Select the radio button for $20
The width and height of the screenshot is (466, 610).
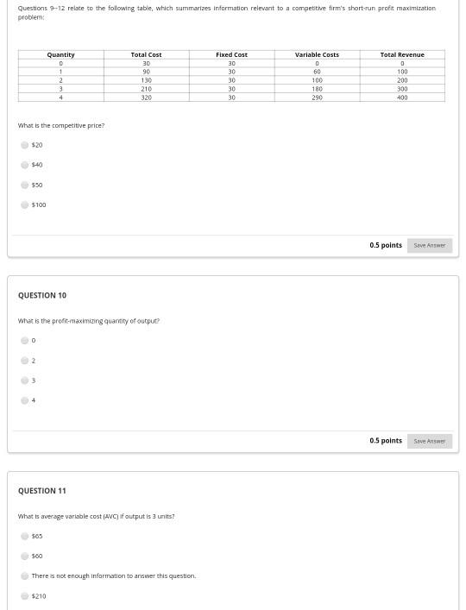click(x=24, y=145)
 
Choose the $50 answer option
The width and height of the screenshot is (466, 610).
click(x=24, y=185)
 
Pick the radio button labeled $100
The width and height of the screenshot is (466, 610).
click(x=24, y=204)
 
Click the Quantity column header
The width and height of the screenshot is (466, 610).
click(x=60, y=54)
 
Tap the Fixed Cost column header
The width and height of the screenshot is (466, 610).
click(x=231, y=54)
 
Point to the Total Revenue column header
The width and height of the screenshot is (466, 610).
click(x=402, y=54)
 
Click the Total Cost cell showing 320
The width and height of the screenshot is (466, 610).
click(x=146, y=97)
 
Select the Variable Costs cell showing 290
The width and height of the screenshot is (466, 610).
click(x=317, y=97)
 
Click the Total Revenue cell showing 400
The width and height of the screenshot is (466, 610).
click(x=402, y=97)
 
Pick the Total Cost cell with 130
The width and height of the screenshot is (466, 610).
click(x=146, y=80)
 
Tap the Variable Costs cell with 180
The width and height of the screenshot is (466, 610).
click(x=317, y=89)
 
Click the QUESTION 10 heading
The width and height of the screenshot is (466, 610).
click(x=42, y=295)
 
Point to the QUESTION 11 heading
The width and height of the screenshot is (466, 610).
click(x=42, y=491)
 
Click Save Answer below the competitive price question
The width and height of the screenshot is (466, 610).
click(x=429, y=245)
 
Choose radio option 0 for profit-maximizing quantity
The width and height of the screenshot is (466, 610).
click(x=24, y=341)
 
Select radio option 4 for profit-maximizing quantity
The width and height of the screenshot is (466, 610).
click(x=24, y=400)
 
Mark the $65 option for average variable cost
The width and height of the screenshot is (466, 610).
click(x=24, y=536)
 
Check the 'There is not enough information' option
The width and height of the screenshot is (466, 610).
click(x=24, y=575)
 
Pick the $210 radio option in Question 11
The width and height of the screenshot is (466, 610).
click(x=24, y=596)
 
